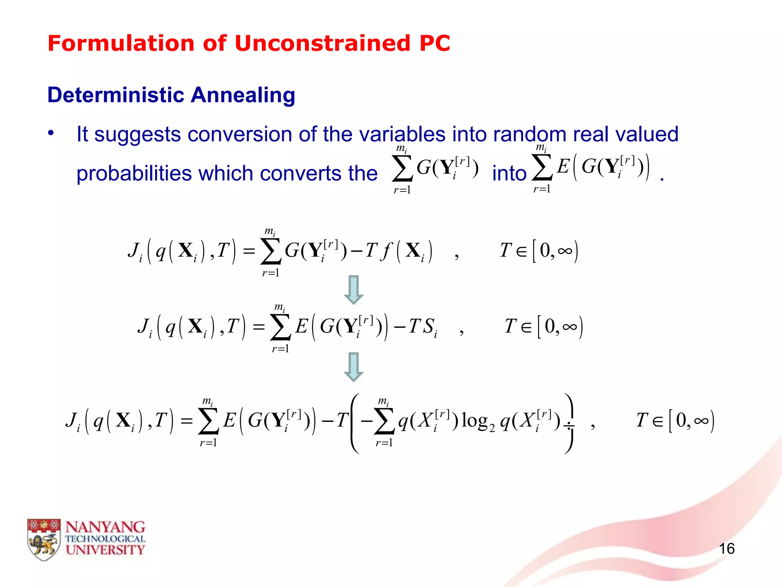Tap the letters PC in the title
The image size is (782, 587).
[435, 43]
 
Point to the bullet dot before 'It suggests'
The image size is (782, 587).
[51, 133]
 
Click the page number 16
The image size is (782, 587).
[727, 549]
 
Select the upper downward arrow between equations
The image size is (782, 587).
[354, 289]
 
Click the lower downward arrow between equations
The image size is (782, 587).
[354, 366]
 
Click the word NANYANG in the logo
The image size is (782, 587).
[105, 527]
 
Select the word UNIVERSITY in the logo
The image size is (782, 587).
[105, 550]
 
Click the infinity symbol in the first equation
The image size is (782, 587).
[565, 251]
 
